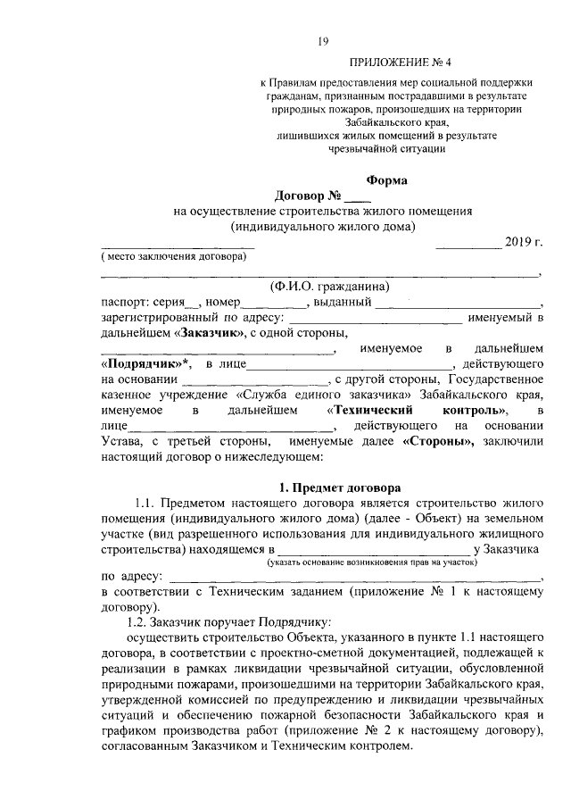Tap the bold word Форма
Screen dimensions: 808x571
[387, 180]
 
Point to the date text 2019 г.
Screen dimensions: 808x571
[524, 242]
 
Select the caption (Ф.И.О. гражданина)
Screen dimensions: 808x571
[329, 287]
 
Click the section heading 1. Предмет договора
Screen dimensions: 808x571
[340, 487]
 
